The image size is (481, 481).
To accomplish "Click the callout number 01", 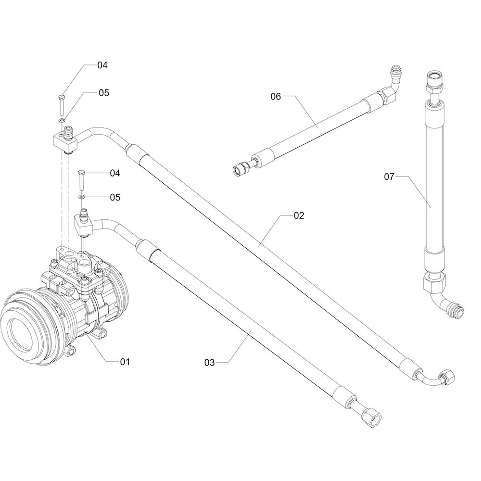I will (125, 361).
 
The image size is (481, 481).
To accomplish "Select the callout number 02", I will (298, 216).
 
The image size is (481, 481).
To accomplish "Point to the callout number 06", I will (275, 96).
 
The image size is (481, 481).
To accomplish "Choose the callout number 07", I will (389, 177).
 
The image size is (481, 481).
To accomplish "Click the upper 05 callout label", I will (104, 93).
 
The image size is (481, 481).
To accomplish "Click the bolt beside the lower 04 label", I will (81, 180).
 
